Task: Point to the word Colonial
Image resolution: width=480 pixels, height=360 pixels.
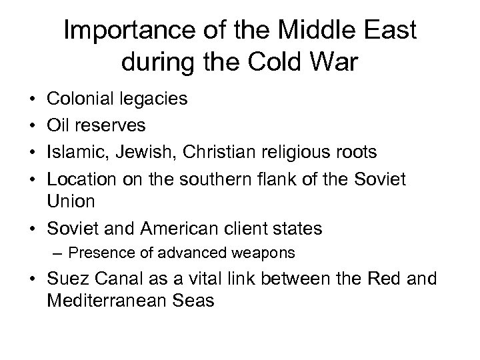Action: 78,100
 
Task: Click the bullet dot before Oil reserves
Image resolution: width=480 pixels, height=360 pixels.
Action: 33,126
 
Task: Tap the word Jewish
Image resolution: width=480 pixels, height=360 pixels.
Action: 141,152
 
